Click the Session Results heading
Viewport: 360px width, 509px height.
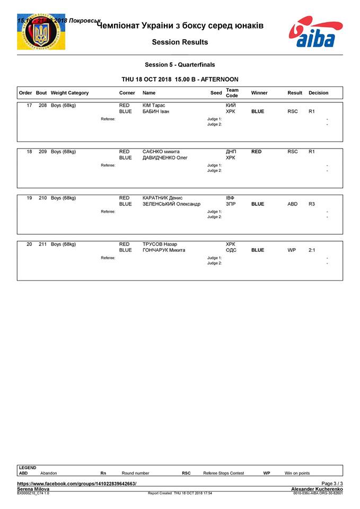(x=180, y=42)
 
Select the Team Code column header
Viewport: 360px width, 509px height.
(x=232, y=93)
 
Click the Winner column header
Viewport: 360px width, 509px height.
(x=259, y=93)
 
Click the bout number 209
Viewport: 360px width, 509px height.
(x=42, y=152)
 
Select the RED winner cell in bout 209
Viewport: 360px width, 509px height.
(x=256, y=152)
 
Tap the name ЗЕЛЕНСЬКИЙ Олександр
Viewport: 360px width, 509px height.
(x=171, y=204)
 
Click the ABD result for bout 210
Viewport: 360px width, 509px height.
(x=292, y=204)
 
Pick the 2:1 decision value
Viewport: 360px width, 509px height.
(x=312, y=250)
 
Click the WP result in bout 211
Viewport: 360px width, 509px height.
(x=292, y=250)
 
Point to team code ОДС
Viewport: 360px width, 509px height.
(x=231, y=250)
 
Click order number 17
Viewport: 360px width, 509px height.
(x=29, y=106)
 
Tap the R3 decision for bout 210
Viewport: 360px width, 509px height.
(x=312, y=204)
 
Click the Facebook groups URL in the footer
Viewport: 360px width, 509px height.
(x=77, y=484)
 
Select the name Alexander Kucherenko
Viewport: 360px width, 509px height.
(x=317, y=489)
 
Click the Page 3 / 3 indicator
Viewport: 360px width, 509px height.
(x=332, y=484)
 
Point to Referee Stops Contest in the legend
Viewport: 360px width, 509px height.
(x=224, y=473)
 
